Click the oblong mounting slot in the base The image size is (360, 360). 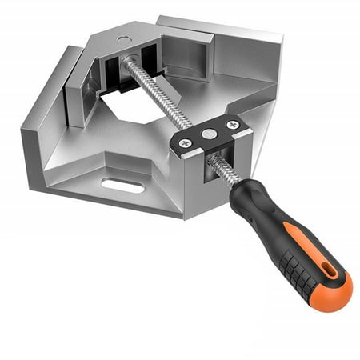(x=122, y=186)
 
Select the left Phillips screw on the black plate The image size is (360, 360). (x=186, y=142)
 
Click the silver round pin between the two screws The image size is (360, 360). (x=209, y=134)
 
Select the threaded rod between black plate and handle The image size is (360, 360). (x=222, y=166)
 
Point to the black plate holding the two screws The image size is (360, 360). (x=209, y=134)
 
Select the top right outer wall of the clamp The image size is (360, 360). (x=240, y=40)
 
